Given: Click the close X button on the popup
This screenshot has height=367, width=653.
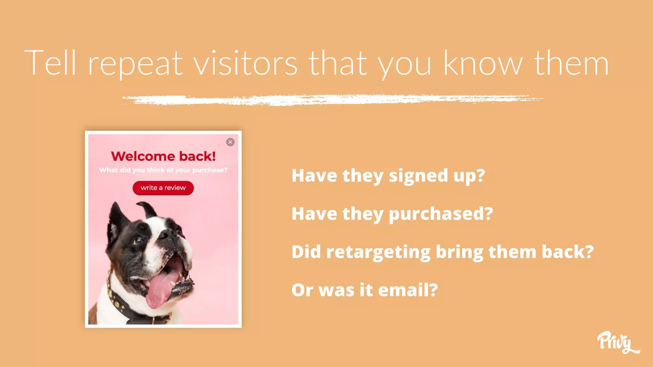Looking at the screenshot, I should pyautogui.click(x=230, y=142).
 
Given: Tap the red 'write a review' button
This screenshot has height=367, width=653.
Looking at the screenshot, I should pyautogui.click(x=163, y=188).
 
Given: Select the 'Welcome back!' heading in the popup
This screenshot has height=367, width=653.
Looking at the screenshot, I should pyautogui.click(x=163, y=156).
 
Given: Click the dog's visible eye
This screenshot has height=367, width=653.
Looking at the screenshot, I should pyautogui.click(x=139, y=240).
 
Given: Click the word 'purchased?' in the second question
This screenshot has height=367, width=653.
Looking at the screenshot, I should pyautogui.click(x=441, y=214).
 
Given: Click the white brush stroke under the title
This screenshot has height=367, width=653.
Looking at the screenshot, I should pyautogui.click(x=333, y=100).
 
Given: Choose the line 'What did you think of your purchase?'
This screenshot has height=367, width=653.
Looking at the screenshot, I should pyautogui.click(x=163, y=170).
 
